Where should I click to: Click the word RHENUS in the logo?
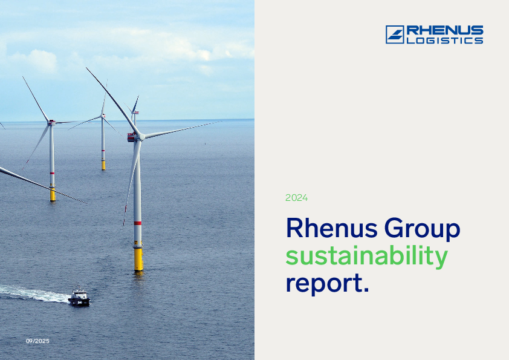(x=444, y=30)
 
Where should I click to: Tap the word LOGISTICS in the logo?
(x=444, y=41)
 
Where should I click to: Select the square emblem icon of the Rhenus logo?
(x=395, y=34)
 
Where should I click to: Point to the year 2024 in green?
(x=296, y=198)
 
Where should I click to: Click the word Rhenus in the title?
(x=327, y=229)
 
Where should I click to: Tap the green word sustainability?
(x=366, y=257)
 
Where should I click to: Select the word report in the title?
(x=323, y=284)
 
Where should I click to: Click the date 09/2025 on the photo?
(x=37, y=341)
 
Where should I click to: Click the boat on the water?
(x=79, y=298)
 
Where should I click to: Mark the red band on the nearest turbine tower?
(x=138, y=223)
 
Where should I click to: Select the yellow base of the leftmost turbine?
(x=53, y=194)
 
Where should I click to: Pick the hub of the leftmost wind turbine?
(x=51, y=123)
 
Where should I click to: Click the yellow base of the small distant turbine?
(x=103, y=164)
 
